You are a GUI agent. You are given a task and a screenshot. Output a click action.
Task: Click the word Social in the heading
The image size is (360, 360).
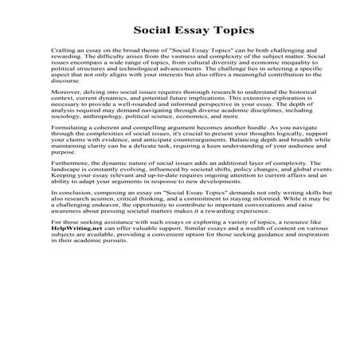(152, 30)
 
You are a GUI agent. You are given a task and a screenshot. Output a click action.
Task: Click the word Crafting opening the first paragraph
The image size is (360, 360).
(63, 49)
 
